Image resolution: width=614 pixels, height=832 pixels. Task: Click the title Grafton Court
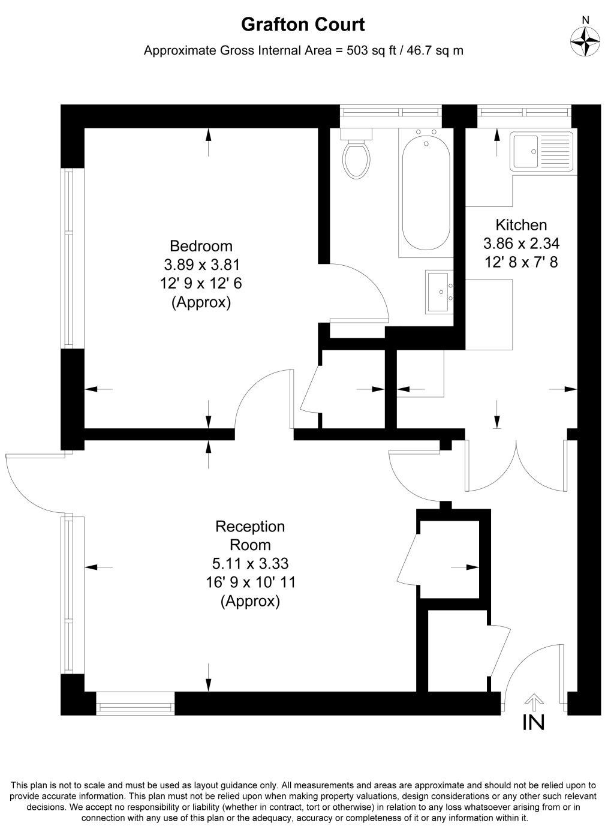coord(303,25)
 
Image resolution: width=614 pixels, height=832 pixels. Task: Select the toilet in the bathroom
coord(356,157)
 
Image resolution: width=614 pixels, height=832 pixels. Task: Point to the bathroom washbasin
coord(440,292)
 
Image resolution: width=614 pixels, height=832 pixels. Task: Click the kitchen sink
coord(541,151)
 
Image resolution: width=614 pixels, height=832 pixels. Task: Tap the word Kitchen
coord(520,225)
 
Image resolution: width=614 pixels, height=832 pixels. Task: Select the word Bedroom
coord(201,246)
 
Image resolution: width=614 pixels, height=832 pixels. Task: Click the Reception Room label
coord(250,536)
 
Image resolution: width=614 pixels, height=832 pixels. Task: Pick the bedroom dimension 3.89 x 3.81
coord(201,265)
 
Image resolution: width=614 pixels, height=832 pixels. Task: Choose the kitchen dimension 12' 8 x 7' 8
coord(521,262)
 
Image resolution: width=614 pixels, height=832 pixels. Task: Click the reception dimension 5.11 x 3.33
coord(250,563)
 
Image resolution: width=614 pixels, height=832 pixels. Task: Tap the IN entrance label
coord(534,723)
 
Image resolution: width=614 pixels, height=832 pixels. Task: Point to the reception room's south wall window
coord(136,703)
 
